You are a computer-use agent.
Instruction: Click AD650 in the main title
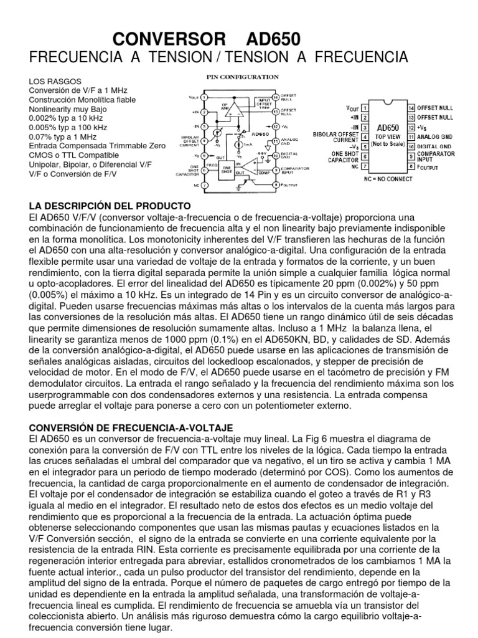[273, 40]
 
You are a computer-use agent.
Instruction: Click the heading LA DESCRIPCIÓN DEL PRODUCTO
[110, 206]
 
